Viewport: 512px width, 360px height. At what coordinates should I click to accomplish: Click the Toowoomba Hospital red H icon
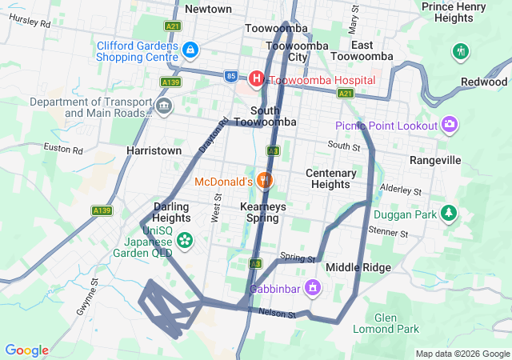coord(256,78)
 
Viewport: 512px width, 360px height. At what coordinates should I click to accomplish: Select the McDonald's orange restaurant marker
coord(265,181)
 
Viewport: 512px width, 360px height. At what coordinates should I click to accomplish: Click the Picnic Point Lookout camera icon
coord(449,124)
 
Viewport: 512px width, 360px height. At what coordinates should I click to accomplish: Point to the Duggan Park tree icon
coord(450,214)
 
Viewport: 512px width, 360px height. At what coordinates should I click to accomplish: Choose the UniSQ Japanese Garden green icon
coord(185,239)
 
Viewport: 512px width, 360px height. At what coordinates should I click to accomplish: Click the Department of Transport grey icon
coord(164,106)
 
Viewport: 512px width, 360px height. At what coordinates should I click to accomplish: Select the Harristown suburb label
coord(154,150)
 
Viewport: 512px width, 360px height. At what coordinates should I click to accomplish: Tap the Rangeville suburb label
coord(435,160)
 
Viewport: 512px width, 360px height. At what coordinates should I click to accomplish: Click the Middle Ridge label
coord(358,267)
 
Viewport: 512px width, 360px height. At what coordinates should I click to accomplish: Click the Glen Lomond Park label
coord(386,323)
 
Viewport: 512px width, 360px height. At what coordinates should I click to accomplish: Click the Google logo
coord(26,350)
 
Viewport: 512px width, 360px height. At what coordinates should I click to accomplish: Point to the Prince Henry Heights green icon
coord(459,52)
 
